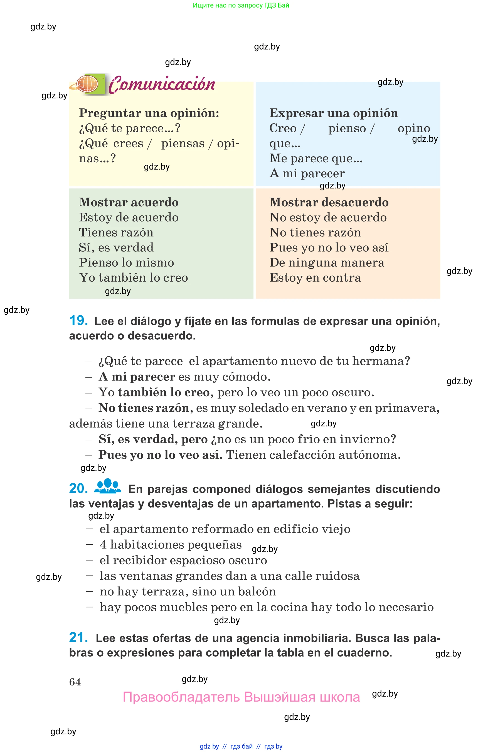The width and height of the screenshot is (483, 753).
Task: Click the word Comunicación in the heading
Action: point(162,84)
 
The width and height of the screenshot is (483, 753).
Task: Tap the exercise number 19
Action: point(78,320)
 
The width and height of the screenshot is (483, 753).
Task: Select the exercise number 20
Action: point(78,488)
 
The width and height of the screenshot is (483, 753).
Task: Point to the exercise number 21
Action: point(78,637)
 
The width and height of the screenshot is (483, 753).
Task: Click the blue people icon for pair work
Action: point(108,486)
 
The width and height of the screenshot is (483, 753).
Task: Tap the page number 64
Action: point(75,682)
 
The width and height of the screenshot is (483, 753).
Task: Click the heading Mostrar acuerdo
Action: point(129,202)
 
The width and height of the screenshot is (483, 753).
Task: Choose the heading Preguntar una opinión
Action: point(149,113)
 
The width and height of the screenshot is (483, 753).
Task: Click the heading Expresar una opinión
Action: point(333,113)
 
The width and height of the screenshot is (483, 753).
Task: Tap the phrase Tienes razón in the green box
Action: point(116,232)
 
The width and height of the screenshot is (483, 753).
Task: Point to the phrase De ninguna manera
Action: point(327,262)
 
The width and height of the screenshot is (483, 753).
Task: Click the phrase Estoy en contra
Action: point(315,277)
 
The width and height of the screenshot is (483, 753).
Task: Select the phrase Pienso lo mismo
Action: point(126,262)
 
